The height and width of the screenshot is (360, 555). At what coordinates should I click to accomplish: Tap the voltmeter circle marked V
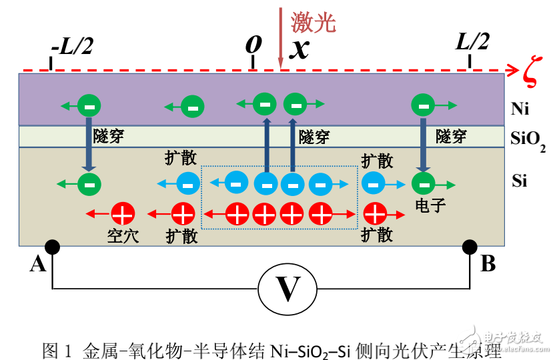point(287,289)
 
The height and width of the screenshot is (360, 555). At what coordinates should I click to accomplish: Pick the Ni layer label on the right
point(520,108)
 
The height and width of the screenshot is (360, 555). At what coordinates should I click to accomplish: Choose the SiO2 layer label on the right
point(527,139)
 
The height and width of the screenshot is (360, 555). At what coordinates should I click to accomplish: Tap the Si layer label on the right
point(520,180)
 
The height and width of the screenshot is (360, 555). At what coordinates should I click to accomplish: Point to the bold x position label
point(300,49)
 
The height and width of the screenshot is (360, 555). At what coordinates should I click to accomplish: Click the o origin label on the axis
point(252,43)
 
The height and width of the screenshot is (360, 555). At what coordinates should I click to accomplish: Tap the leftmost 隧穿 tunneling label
point(110,136)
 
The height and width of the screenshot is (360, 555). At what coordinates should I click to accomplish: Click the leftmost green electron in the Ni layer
point(89,105)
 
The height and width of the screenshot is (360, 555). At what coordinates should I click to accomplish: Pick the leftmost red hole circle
point(123,214)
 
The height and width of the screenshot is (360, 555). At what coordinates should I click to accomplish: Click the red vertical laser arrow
point(281,37)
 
